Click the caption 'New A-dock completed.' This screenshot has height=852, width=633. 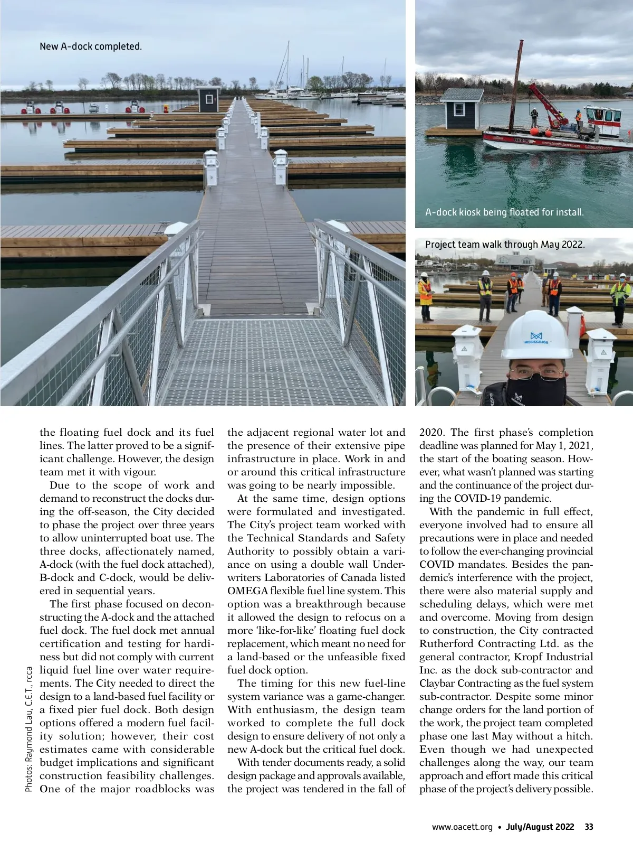(x=91, y=46)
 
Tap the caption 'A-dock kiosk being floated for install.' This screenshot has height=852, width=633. (x=504, y=212)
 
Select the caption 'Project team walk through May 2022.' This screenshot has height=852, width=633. (x=505, y=245)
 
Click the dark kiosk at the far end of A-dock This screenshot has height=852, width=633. (x=208, y=99)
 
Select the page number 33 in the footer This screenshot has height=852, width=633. (x=589, y=827)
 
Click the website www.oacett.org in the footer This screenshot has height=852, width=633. (x=462, y=827)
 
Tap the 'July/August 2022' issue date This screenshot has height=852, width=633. (x=540, y=827)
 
